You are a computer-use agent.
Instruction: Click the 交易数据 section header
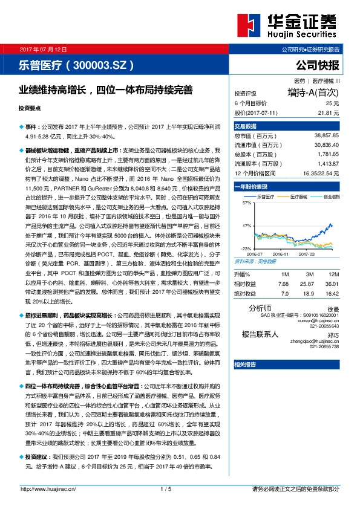click(x=246, y=126)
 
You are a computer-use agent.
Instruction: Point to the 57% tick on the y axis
click(x=246, y=204)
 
